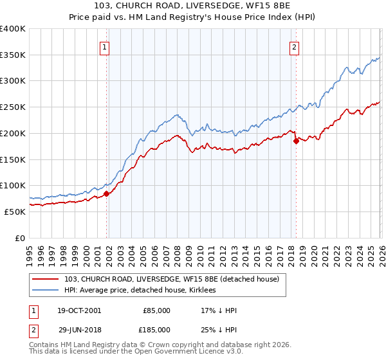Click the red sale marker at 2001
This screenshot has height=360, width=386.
tap(107, 193)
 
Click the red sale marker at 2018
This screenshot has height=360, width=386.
tap(296, 141)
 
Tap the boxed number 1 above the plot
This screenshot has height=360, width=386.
tap(104, 46)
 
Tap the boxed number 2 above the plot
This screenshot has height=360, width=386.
tap(294, 46)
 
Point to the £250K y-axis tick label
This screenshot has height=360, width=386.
tap(13, 107)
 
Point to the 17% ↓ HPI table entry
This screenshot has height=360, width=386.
tap(219, 310)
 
